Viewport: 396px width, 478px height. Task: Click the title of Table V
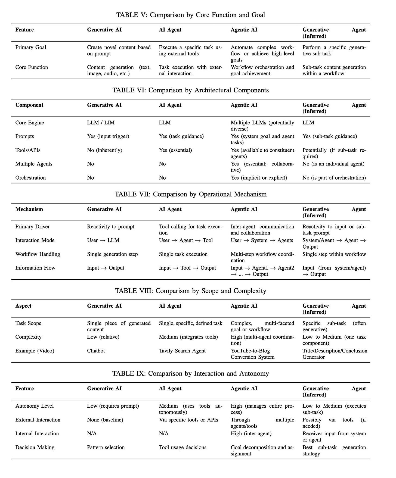pyautogui.click(x=191, y=15)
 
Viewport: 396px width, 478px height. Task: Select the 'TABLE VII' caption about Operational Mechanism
pyautogui.click(x=191, y=194)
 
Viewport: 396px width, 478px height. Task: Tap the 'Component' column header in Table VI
pyautogui.click(x=29, y=105)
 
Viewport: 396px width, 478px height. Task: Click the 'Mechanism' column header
pyautogui.click(x=29, y=209)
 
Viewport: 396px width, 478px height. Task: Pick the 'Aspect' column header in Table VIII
pyautogui.click(x=23, y=306)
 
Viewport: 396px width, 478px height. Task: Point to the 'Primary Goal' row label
pyautogui.click(x=31, y=48)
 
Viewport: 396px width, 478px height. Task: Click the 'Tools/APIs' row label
pyautogui.click(x=28, y=150)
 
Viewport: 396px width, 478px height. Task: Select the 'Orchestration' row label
pyautogui.click(x=30, y=178)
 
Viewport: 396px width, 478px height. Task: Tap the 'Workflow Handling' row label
pyautogui.click(x=38, y=254)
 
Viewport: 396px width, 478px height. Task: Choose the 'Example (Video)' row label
pyautogui.click(x=35, y=351)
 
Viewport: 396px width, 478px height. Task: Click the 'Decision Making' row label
pyautogui.click(x=35, y=447)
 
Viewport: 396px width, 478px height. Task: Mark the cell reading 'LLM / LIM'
pyautogui.click(x=101, y=123)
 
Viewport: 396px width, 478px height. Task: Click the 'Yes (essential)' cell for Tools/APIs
pyautogui.click(x=175, y=150)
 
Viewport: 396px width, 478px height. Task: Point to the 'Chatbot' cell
pyautogui.click(x=96, y=351)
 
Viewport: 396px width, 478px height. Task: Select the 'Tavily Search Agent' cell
pyautogui.click(x=182, y=351)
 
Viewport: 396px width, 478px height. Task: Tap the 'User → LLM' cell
pyautogui.click(x=103, y=240)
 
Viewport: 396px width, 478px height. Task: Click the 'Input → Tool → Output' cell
pyautogui.click(x=187, y=268)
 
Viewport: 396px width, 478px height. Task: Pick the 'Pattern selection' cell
pyautogui.click(x=106, y=447)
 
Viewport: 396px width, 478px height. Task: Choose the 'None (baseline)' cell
pyautogui.click(x=105, y=420)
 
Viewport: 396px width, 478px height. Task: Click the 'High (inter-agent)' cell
pyautogui.click(x=251, y=434)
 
